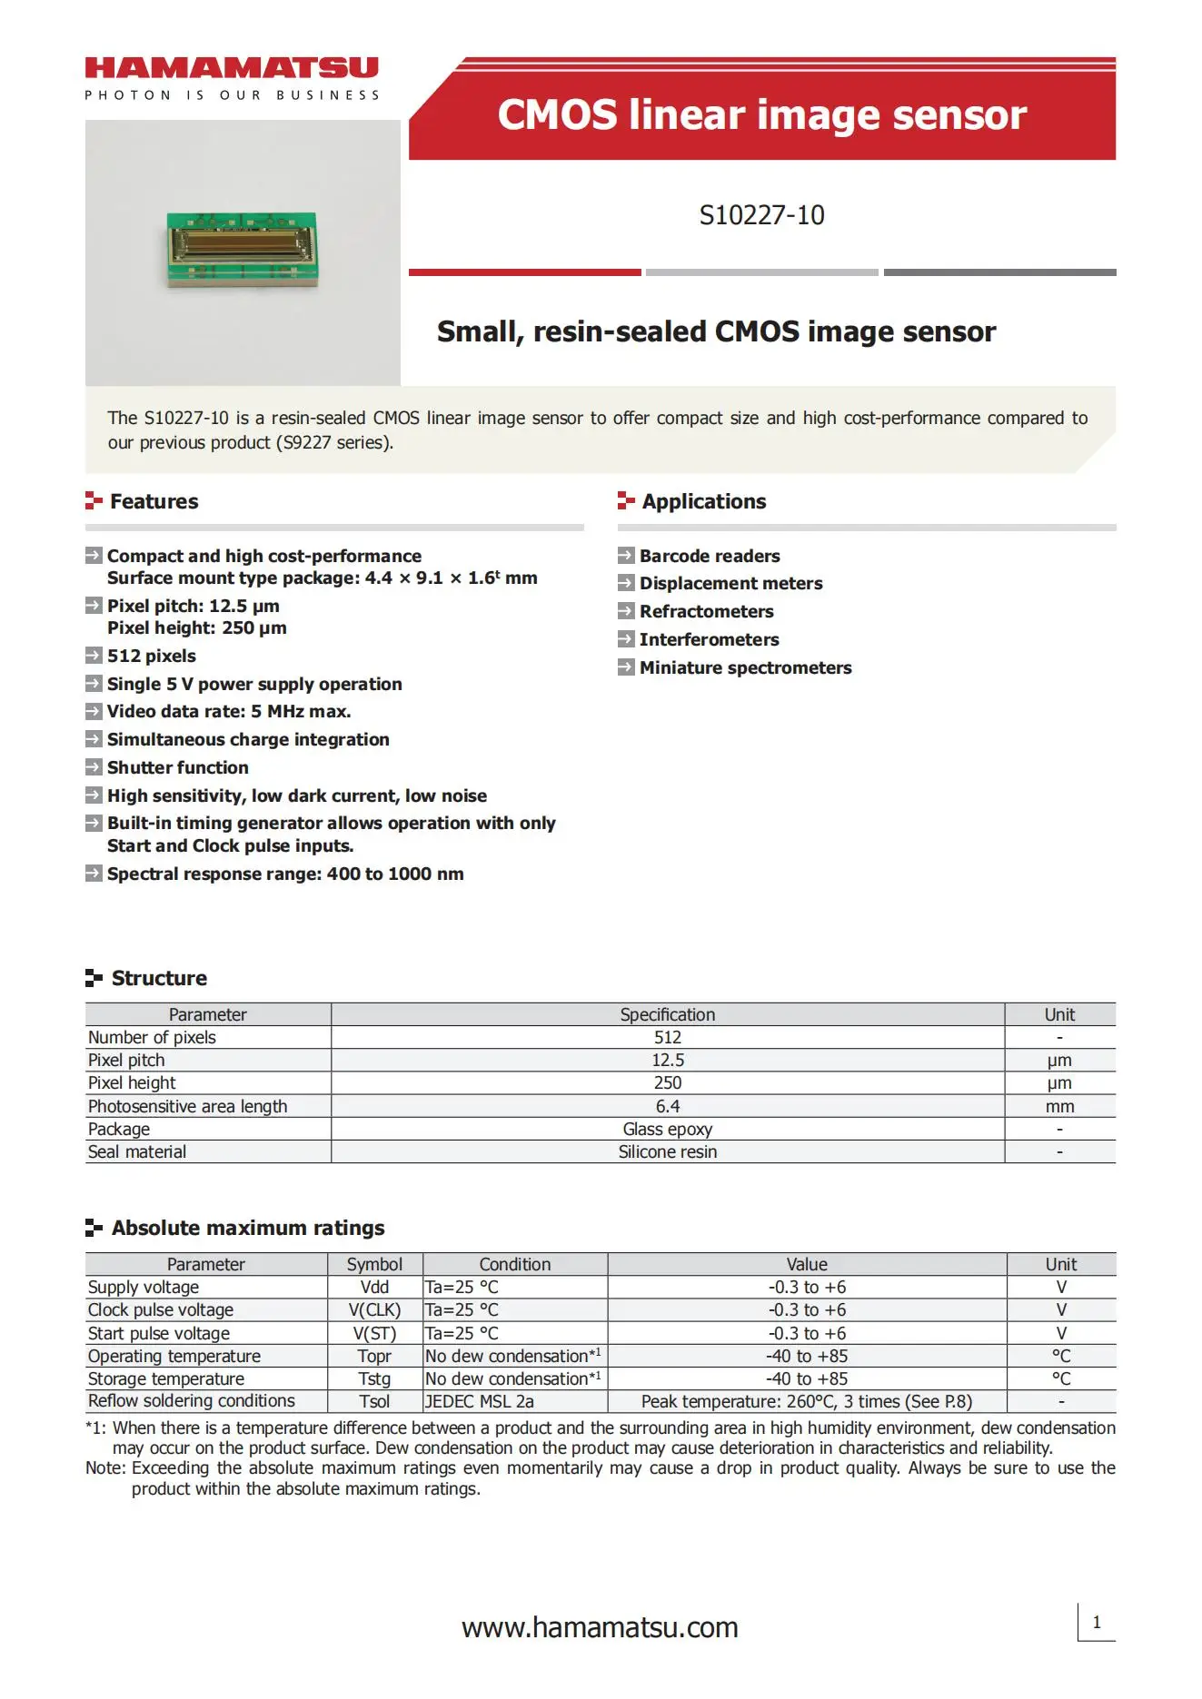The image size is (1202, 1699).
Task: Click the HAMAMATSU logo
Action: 232,69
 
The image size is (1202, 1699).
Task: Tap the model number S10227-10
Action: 761,215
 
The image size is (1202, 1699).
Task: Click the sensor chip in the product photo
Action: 243,246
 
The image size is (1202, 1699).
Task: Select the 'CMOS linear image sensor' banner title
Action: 761,115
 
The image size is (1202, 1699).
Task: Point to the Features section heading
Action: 154,501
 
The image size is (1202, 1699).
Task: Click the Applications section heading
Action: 703,501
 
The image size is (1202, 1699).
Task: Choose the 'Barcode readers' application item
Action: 709,556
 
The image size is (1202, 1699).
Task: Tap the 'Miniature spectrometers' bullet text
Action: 745,667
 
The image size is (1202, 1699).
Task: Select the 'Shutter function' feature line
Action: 177,767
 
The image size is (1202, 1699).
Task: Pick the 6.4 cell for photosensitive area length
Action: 668,1106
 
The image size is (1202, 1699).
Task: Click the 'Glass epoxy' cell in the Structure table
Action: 668,1129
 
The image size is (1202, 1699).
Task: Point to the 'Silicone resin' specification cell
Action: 668,1151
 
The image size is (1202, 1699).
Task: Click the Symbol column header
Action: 374,1264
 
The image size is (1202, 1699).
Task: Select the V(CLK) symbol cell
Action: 374,1309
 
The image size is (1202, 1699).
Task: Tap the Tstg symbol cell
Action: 374,1378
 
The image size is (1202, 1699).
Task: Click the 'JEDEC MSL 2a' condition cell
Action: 480,1401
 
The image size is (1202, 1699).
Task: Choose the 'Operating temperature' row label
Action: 174,1356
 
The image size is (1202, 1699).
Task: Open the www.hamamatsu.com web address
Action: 600,1627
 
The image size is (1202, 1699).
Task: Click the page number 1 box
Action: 1097,1622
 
